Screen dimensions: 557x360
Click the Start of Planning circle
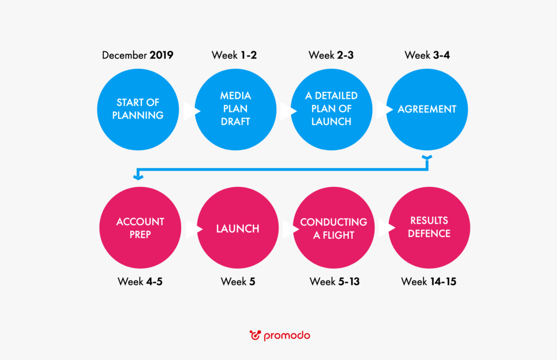(x=138, y=109)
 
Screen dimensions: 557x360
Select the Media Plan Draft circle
(x=236, y=109)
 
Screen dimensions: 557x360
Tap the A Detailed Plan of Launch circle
(x=331, y=109)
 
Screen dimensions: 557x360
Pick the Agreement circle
(x=427, y=109)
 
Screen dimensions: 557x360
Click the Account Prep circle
(x=140, y=227)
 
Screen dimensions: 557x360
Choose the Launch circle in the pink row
(x=238, y=227)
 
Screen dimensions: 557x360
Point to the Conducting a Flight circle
(x=333, y=227)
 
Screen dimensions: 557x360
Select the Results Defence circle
(x=429, y=227)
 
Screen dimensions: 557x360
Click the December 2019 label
(x=138, y=55)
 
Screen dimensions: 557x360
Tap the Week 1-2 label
(x=234, y=55)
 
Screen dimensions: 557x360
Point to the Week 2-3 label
(x=331, y=55)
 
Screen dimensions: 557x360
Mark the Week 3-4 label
(x=427, y=55)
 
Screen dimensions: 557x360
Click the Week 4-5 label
(x=140, y=282)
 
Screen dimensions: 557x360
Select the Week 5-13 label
(x=335, y=282)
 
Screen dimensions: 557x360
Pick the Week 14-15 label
(x=429, y=282)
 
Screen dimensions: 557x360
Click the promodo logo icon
(x=255, y=335)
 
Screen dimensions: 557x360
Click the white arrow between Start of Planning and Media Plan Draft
(x=192, y=111)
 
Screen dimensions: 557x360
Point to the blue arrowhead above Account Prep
(x=138, y=176)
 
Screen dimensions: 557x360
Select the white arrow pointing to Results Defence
(x=387, y=227)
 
